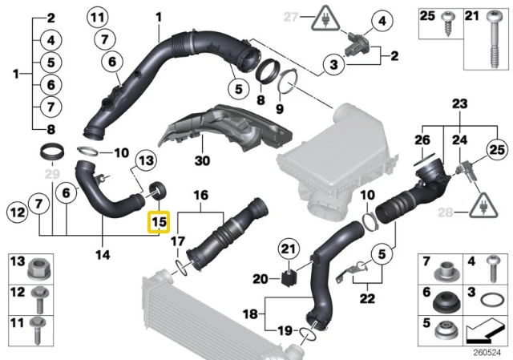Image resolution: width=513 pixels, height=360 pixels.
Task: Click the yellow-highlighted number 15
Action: [x=159, y=222]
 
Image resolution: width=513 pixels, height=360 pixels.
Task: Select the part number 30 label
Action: [x=202, y=160]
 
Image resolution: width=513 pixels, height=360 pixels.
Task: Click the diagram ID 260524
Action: [x=487, y=353]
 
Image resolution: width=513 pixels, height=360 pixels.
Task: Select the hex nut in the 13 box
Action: [x=39, y=269]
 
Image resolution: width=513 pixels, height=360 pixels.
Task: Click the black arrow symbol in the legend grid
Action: [x=485, y=331]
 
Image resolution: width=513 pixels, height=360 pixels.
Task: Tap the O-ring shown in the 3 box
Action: [x=491, y=299]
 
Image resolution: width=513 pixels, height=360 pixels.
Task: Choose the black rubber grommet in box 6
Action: [x=447, y=301]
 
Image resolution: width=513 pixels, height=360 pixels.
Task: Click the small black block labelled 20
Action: [x=289, y=278]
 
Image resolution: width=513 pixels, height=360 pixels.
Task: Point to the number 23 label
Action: [x=459, y=104]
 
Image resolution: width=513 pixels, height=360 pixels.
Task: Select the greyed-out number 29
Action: [x=52, y=174]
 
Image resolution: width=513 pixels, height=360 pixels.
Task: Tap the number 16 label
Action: [x=200, y=196]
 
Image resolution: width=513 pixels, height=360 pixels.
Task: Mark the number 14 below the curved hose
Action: [x=103, y=254]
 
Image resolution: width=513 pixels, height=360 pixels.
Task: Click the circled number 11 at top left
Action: [x=98, y=17]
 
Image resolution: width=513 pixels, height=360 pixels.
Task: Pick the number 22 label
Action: [x=367, y=298]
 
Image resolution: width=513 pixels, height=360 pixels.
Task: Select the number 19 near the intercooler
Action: [x=285, y=330]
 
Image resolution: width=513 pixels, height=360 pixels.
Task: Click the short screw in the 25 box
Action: [x=446, y=23]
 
